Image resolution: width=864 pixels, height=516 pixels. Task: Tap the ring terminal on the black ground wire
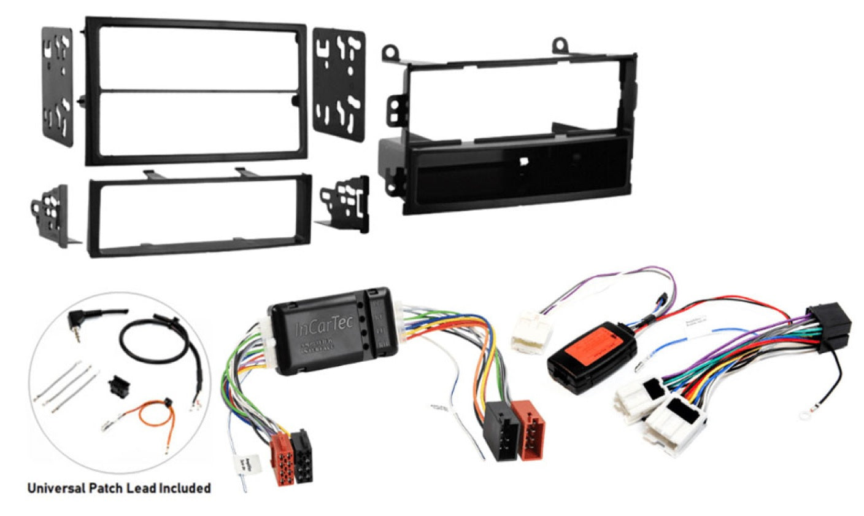click(x=806, y=416)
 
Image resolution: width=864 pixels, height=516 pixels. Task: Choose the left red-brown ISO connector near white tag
click(x=283, y=458)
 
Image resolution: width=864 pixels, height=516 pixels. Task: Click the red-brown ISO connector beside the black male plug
click(x=530, y=429)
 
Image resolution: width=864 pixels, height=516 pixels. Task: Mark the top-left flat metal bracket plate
click(x=57, y=86)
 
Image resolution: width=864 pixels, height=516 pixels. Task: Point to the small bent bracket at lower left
click(x=52, y=214)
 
